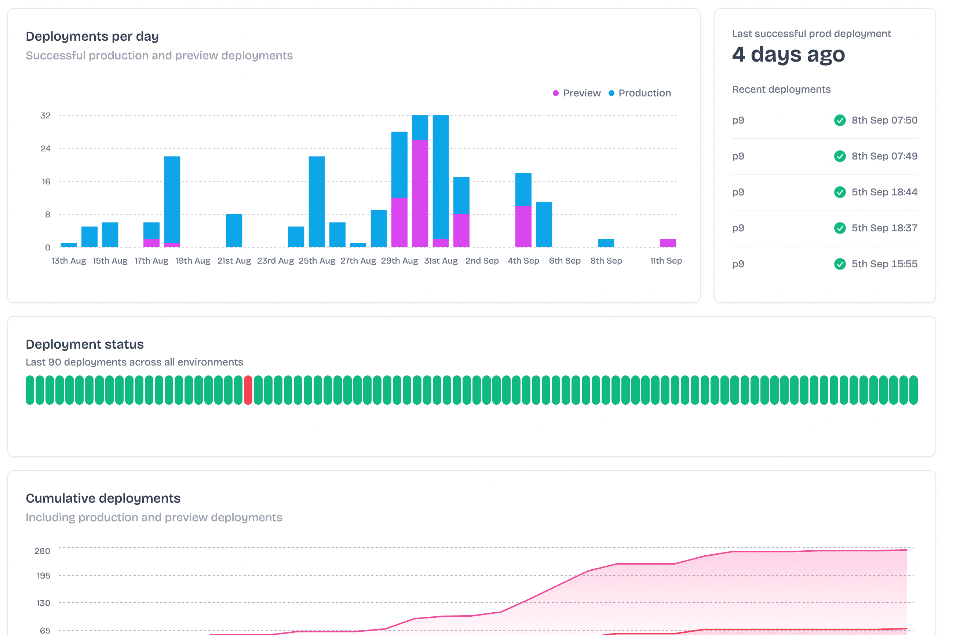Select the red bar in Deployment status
click(248, 390)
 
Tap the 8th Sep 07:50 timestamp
click(884, 120)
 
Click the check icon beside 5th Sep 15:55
click(840, 264)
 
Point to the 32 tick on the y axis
click(45, 116)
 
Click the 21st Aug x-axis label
click(234, 261)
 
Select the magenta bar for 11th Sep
click(668, 243)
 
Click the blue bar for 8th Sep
click(606, 243)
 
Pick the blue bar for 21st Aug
click(234, 231)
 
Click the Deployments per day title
click(92, 36)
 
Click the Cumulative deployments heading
click(103, 498)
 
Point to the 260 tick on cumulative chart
click(42, 551)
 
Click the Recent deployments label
click(781, 89)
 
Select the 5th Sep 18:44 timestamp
click(884, 192)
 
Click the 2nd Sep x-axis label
click(482, 261)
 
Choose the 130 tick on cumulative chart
click(43, 603)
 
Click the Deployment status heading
click(85, 344)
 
